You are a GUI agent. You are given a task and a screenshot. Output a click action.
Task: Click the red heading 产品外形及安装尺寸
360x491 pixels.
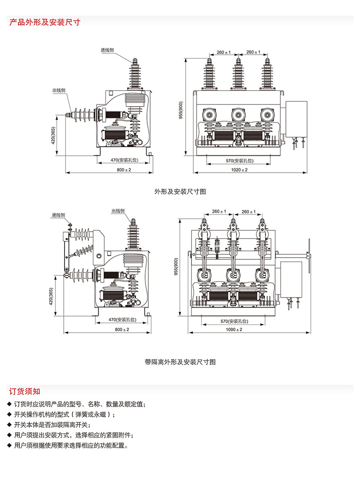pos(45,22)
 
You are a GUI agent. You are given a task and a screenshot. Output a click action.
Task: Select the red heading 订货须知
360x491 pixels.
pos(25,391)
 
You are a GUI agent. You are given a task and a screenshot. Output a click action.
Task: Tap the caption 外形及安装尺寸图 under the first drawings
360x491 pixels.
pos(180,191)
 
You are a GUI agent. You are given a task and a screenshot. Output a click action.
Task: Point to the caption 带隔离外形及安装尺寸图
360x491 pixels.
pos(180,362)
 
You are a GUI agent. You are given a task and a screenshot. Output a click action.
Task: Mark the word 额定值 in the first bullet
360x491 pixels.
pos(134,404)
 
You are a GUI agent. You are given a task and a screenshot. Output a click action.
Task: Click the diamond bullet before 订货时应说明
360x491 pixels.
pos(10,404)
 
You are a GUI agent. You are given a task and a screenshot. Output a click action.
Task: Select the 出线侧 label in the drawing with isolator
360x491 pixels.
pos(118,211)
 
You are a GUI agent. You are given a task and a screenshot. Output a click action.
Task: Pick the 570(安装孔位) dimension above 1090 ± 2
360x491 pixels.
pos(234,321)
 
